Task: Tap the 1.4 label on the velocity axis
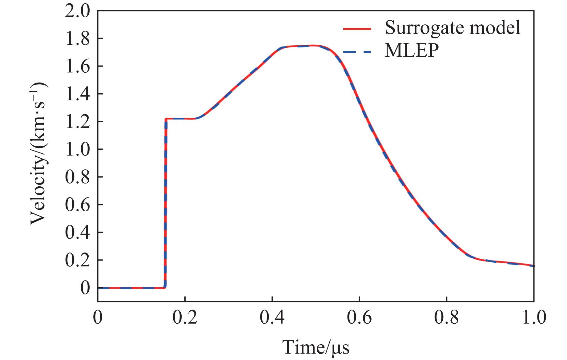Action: [77, 94]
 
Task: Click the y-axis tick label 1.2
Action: [77, 122]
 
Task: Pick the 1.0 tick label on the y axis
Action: [77, 149]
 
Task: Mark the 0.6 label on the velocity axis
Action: [77, 205]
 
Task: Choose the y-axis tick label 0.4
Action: [77, 233]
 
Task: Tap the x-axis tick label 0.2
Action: [185, 318]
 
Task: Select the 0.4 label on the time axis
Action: [272, 318]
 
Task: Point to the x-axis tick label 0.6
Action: [359, 318]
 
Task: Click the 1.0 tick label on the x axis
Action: [533, 318]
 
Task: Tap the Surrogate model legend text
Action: [452, 28]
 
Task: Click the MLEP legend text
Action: [412, 51]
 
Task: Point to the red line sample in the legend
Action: [357, 29]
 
